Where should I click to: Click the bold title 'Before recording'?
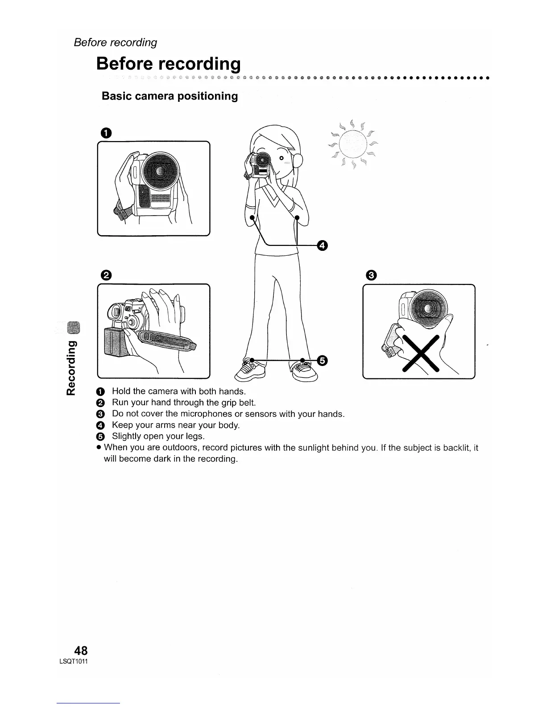[168, 64]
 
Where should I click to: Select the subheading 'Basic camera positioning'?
[170, 96]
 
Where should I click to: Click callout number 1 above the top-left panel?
[106, 132]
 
